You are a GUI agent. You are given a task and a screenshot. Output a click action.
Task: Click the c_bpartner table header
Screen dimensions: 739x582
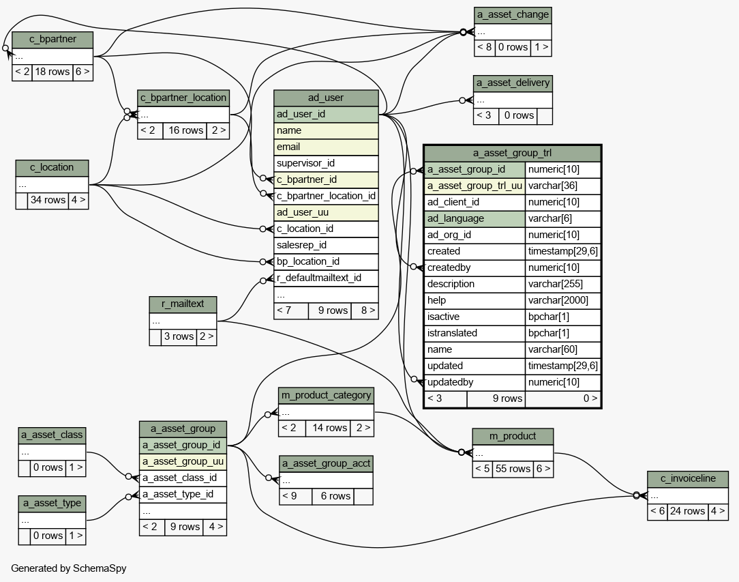tap(52, 40)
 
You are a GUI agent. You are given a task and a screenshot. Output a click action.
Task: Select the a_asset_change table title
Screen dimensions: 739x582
tap(513, 15)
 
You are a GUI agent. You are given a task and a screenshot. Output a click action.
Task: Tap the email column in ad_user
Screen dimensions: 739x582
tap(326, 147)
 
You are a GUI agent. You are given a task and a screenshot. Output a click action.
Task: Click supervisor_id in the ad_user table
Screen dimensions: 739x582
tap(326, 163)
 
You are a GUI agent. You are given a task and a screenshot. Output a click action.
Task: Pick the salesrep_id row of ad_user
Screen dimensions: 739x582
tap(326, 245)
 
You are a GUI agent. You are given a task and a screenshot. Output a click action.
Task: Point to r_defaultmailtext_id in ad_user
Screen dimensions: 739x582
tap(326, 278)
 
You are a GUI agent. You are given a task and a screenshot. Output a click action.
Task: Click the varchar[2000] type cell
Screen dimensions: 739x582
tap(562, 300)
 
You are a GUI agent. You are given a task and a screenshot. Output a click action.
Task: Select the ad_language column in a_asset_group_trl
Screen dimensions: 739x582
tap(474, 218)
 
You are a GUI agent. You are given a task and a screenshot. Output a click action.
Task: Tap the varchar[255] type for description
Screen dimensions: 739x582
tap(562, 284)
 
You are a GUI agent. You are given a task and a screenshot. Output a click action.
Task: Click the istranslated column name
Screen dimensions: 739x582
tap(474, 333)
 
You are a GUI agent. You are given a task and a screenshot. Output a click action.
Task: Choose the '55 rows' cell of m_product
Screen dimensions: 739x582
tap(513, 469)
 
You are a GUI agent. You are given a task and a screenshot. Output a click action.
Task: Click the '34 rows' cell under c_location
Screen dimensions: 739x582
tap(48, 200)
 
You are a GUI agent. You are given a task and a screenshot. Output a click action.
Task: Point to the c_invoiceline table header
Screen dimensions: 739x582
tap(688, 479)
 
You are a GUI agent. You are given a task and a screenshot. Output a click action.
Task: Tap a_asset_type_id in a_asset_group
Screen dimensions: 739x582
tap(183, 494)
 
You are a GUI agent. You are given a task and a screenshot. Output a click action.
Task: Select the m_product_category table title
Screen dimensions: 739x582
tap(326, 395)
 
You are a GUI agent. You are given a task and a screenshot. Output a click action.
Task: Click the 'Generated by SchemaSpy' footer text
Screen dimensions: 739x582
tap(69, 568)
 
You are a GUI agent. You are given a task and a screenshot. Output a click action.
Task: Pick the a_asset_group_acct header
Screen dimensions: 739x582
tap(326, 463)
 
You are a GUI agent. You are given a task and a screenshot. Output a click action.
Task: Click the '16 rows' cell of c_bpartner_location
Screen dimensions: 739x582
tap(185, 130)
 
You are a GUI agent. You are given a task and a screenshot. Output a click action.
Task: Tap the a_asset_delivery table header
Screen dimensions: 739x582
tap(513, 83)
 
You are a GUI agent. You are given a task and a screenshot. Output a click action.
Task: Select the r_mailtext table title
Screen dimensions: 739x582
tap(183, 304)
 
